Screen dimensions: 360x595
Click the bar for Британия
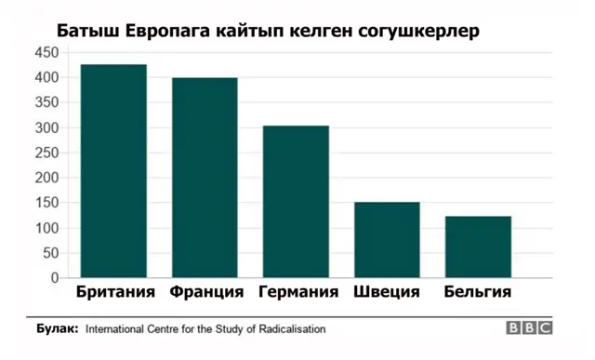pyautogui.click(x=113, y=171)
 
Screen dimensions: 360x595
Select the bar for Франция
pyautogui.click(x=204, y=178)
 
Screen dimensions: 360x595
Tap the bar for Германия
pyautogui.click(x=296, y=202)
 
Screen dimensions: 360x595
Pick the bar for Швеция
pyautogui.click(x=387, y=240)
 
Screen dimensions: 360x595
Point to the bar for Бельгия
pyautogui.click(x=477, y=247)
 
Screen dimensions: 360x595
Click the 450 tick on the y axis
pyautogui.click(x=46, y=53)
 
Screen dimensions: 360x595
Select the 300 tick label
pyautogui.click(x=46, y=128)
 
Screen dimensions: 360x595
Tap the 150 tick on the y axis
pyautogui.click(x=46, y=204)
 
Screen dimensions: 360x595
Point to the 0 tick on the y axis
pyautogui.click(x=55, y=278)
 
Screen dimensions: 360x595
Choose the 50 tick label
pyautogui.click(x=50, y=253)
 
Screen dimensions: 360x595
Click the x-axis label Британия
pyautogui.click(x=114, y=292)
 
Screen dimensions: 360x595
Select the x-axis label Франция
pyautogui.click(x=206, y=292)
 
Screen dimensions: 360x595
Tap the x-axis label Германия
pyautogui.click(x=297, y=292)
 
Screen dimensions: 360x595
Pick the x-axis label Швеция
pyautogui.click(x=387, y=292)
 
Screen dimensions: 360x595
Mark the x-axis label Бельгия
pyautogui.click(x=477, y=292)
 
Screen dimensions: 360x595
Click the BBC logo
pyautogui.click(x=530, y=328)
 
